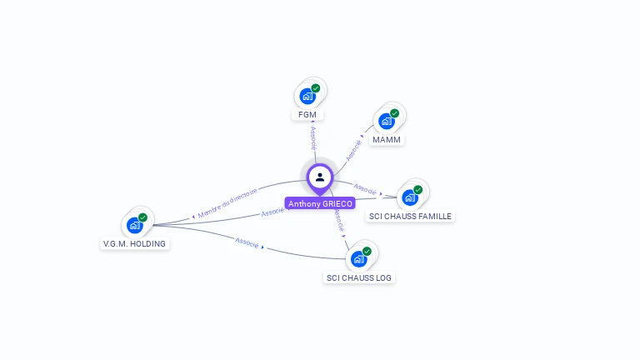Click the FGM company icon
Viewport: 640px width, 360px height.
307,96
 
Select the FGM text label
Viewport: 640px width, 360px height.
307,114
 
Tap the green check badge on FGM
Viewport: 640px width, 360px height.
316,87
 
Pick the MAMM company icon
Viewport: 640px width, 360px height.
386,122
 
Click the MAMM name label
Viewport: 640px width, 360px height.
387,139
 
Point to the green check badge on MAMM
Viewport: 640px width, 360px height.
394,113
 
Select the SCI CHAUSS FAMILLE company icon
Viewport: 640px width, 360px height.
409,197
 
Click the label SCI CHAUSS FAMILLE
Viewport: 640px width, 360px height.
411,216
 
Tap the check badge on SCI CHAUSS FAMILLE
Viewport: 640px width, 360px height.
417,189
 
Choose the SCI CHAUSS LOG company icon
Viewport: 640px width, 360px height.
358,259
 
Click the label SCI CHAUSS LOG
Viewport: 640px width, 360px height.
359,277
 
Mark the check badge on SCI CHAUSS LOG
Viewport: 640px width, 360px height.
367,251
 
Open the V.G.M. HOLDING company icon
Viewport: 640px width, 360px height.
134,225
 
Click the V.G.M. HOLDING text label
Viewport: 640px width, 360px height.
134,243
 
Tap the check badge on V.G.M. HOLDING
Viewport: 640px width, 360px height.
142,217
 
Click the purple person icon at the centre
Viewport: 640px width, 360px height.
320,177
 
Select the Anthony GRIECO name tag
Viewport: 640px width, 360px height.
320,203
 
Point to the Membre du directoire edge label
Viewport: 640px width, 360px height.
227,202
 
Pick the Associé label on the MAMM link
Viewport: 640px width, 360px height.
354,149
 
